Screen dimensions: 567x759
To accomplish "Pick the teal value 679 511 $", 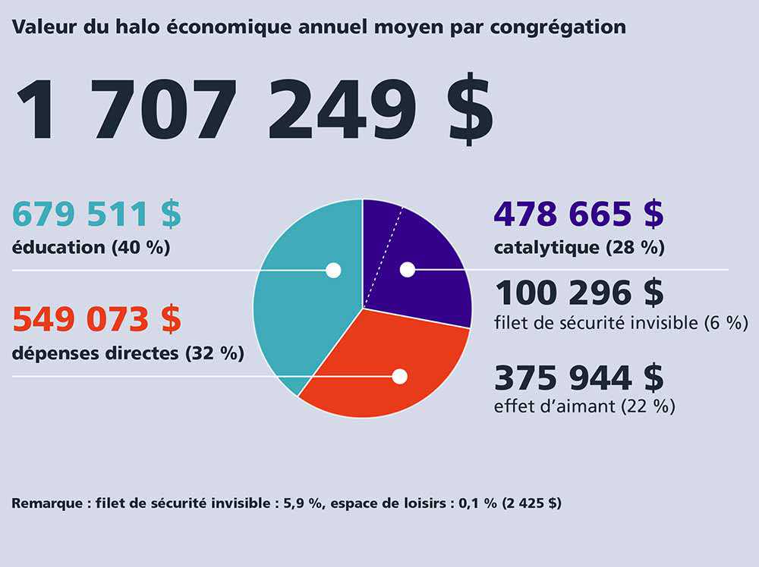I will (x=96, y=215).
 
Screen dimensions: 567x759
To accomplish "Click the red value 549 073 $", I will (x=96, y=320).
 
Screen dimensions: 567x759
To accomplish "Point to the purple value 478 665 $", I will (x=578, y=215).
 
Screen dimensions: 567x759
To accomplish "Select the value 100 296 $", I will (x=578, y=293).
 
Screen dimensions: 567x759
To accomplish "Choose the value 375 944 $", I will (x=578, y=377).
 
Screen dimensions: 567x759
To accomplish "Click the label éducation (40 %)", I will (x=90, y=248).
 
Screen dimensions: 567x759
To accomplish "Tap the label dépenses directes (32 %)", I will (x=128, y=352).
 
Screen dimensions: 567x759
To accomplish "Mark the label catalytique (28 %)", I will (x=578, y=248).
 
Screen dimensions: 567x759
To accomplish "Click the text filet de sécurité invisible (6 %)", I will (x=621, y=323).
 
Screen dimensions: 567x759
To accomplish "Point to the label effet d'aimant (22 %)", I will (x=584, y=406).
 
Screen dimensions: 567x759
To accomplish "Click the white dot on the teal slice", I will (x=332, y=270).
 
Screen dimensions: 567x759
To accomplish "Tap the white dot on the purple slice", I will (x=408, y=269).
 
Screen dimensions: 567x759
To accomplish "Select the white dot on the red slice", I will (x=399, y=376).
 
